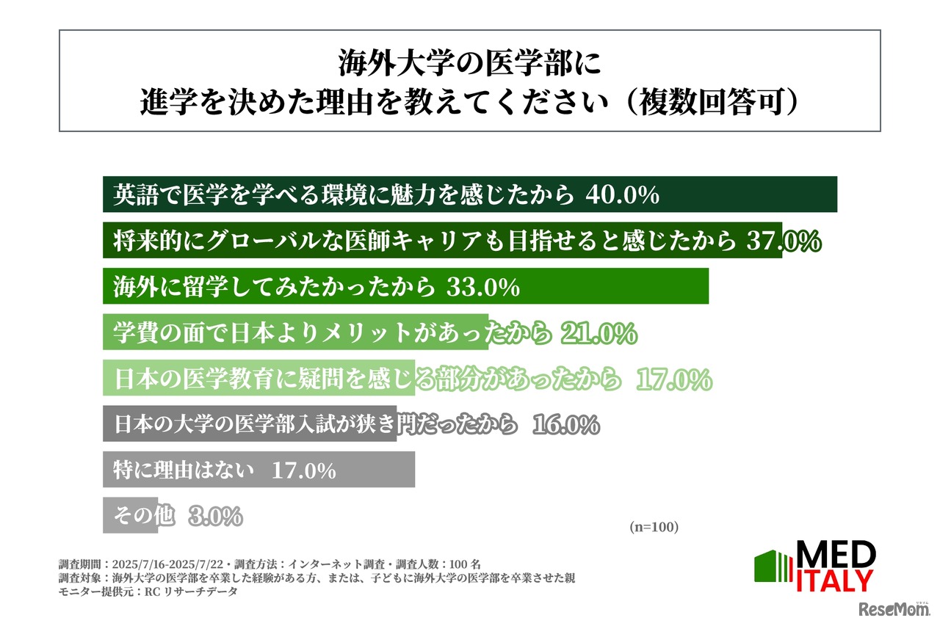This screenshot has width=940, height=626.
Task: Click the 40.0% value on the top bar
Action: pyautogui.click(x=623, y=195)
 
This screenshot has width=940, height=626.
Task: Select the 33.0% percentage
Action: pyautogui.click(x=483, y=288)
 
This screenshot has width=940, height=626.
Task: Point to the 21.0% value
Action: pyautogui.click(x=599, y=334)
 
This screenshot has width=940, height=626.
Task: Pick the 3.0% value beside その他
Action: pyautogui.click(x=215, y=517)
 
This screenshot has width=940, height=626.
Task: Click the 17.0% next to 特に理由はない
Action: pyautogui.click(x=303, y=470)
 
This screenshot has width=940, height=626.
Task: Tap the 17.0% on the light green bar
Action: pyautogui.click(x=673, y=379)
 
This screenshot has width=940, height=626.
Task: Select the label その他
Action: pyautogui.click(x=145, y=516)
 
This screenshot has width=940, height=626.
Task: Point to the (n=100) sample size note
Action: pyautogui.click(x=654, y=527)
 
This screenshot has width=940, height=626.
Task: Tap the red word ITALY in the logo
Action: pyautogui.click(x=835, y=580)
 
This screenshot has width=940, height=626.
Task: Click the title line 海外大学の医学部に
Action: pyautogui.click(x=469, y=65)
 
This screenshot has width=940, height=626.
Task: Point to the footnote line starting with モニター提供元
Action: pyautogui.click(x=148, y=592)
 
